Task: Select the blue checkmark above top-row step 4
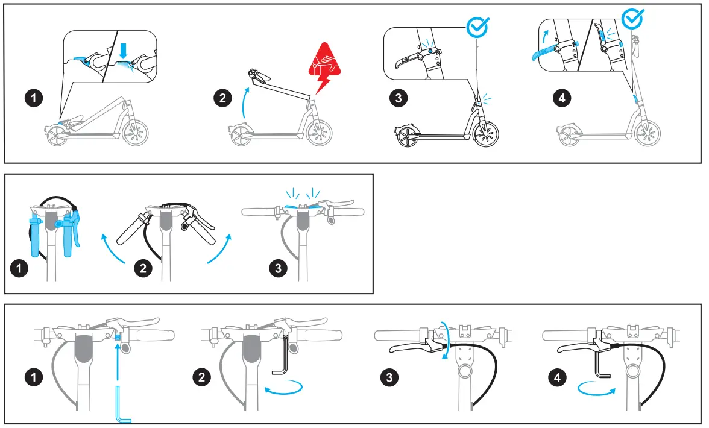tap(632, 18)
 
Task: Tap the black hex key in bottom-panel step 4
tap(602, 367)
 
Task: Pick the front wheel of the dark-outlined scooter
tap(486, 133)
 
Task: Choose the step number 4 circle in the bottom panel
tap(556, 378)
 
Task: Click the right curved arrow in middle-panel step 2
tap(219, 250)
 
